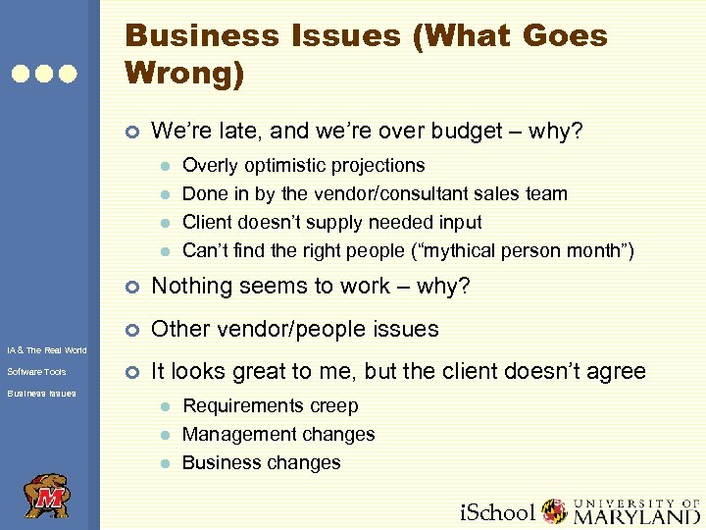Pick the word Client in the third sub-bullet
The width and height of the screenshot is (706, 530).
coord(208,222)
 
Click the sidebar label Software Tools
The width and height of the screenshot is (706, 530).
coord(36,372)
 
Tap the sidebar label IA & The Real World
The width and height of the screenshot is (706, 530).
coord(46,350)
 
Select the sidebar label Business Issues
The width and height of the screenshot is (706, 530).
coord(41,394)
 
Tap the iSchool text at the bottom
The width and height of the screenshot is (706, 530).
coord(498,512)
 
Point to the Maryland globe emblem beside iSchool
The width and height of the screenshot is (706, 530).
coord(555,511)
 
